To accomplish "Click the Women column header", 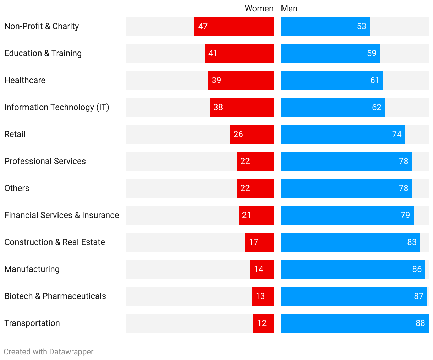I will click(x=259, y=9).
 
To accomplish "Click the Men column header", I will click(x=289, y=9).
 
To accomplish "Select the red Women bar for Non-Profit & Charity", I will click(x=234, y=27).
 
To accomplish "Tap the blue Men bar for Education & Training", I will click(x=330, y=54).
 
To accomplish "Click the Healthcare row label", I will click(x=25, y=80).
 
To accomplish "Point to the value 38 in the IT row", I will click(x=218, y=107).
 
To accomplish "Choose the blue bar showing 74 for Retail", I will click(x=343, y=135).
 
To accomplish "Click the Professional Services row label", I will click(x=45, y=161).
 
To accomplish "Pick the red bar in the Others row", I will click(x=256, y=189).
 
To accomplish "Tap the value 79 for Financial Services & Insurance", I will click(x=405, y=215).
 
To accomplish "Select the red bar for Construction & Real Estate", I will click(x=259, y=242).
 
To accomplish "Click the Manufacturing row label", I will click(x=32, y=269).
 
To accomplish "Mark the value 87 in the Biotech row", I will click(x=418, y=296).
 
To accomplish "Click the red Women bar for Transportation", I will click(x=264, y=323).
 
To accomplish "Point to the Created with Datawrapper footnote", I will click(x=49, y=352).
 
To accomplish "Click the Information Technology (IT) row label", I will click(x=57, y=107).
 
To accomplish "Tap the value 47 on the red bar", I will click(x=203, y=26).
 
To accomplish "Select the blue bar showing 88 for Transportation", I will click(x=355, y=323).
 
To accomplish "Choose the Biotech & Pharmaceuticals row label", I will click(x=55, y=296).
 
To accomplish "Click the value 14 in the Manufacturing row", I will click(x=258, y=269).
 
